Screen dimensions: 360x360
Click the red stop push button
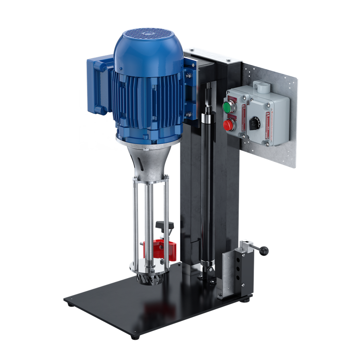click(228, 125)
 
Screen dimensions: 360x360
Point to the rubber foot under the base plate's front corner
click(135, 337)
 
